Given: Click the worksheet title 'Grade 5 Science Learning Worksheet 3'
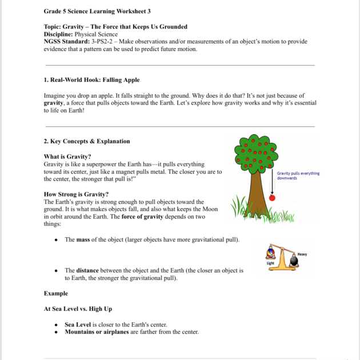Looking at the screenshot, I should pyautogui.click(x=98, y=11).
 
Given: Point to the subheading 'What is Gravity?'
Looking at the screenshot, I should pyautogui.click(x=67, y=157).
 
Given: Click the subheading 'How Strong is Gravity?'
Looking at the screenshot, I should pyautogui.click(x=76, y=194).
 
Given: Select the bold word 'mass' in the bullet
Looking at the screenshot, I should pyautogui.click(x=83, y=239).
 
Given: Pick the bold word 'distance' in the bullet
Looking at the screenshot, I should pyautogui.click(x=87, y=270).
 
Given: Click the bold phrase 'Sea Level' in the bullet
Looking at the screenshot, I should pyautogui.click(x=78, y=324).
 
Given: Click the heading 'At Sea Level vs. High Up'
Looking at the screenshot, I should pyautogui.click(x=78, y=309).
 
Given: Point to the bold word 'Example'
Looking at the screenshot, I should pyautogui.click(x=55, y=293).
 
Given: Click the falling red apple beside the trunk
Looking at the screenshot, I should pyautogui.click(x=272, y=198).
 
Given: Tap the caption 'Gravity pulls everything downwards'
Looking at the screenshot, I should pyautogui.click(x=298, y=176).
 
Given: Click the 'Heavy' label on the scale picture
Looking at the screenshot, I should pyautogui.click(x=302, y=254).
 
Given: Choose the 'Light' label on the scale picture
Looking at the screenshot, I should pyautogui.click(x=271, y=263).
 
